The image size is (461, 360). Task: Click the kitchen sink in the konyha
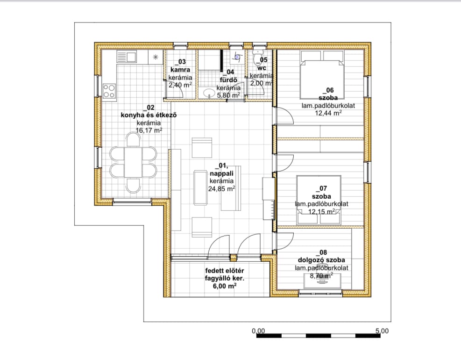(127, 57)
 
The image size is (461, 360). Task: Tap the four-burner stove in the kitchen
(109, 91)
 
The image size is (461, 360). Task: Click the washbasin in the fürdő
(210, 93)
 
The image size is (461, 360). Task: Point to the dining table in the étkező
(133, 162)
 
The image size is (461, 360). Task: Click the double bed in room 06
(322, 75)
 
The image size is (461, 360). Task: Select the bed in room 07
(319, 201)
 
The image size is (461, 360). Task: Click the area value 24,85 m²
(222, 189)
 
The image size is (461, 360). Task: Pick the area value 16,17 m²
(149, 130)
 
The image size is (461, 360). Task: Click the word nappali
(222, 173)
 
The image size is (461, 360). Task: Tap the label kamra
(180, 70)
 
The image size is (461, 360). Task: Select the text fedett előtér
(225, 271)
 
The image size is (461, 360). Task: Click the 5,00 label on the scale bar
(382, 331)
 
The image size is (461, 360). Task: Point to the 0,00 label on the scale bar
(258, 331)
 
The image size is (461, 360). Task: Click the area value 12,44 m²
(328, 113)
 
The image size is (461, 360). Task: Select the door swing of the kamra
(178, 88)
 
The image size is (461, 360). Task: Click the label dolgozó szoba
(322, 260)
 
